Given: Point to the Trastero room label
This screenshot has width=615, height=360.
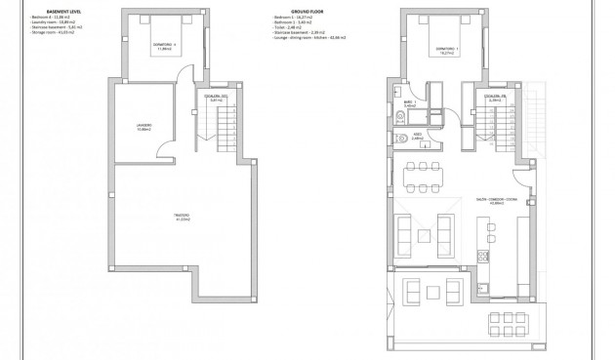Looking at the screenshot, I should click(182, 216).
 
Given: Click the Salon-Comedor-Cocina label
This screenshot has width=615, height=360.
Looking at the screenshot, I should click(502, 201).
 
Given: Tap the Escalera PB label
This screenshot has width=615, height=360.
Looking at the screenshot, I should click(495, 98).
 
